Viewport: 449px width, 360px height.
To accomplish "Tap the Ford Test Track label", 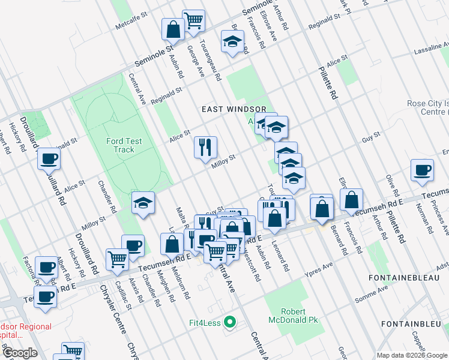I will [124, 145].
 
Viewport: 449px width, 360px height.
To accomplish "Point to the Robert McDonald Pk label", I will [301, 316].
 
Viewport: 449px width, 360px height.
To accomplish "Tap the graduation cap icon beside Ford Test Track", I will [143, 203].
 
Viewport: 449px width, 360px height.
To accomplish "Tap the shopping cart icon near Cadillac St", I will [117, 259].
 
